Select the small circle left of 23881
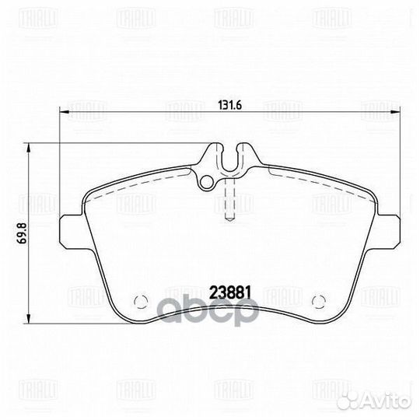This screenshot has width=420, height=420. click(x=141, y=301)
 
